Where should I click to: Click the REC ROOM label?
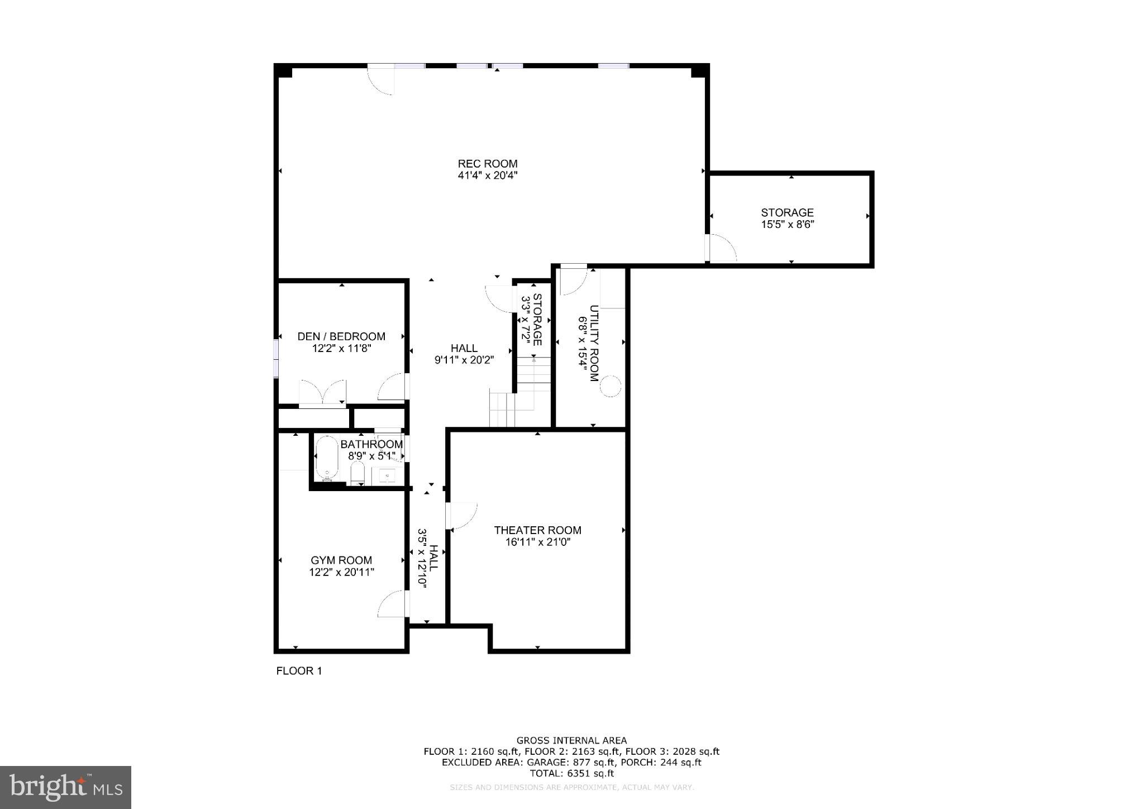[488, 164]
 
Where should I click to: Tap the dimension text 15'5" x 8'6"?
[787, 225]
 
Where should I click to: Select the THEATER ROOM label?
[537, 530]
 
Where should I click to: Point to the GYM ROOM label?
[341, 560]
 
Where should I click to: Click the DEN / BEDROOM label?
[341, 336]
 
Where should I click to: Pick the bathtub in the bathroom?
[326, 459]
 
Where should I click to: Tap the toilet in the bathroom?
[357, 475]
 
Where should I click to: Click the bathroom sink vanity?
[387, 476]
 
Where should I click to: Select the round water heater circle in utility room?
[610, 386]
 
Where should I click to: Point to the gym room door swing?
[392, 603]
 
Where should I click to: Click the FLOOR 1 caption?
[299, 671]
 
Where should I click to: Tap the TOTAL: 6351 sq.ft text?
[571, 774]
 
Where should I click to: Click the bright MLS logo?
[65, 787]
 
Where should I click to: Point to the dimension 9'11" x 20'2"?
[464, 360]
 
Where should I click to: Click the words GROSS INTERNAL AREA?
[571, 741]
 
